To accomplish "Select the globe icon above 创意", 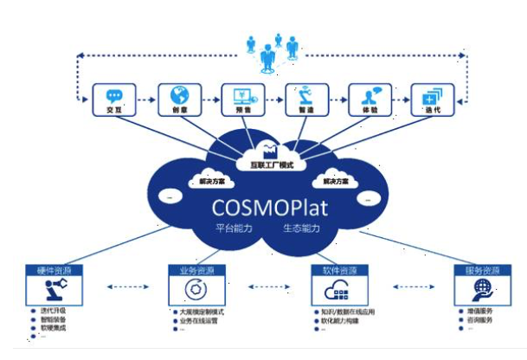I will [178, 94].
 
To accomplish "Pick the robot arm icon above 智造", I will [307, 94].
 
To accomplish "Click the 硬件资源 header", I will [52, 271].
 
